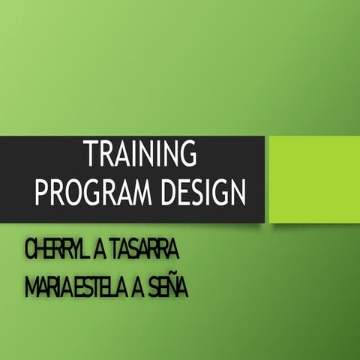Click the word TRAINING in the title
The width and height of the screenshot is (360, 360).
pos(140,155)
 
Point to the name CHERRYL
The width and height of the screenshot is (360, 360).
pos(56,250)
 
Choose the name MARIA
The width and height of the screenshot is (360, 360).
pos(46,286)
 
